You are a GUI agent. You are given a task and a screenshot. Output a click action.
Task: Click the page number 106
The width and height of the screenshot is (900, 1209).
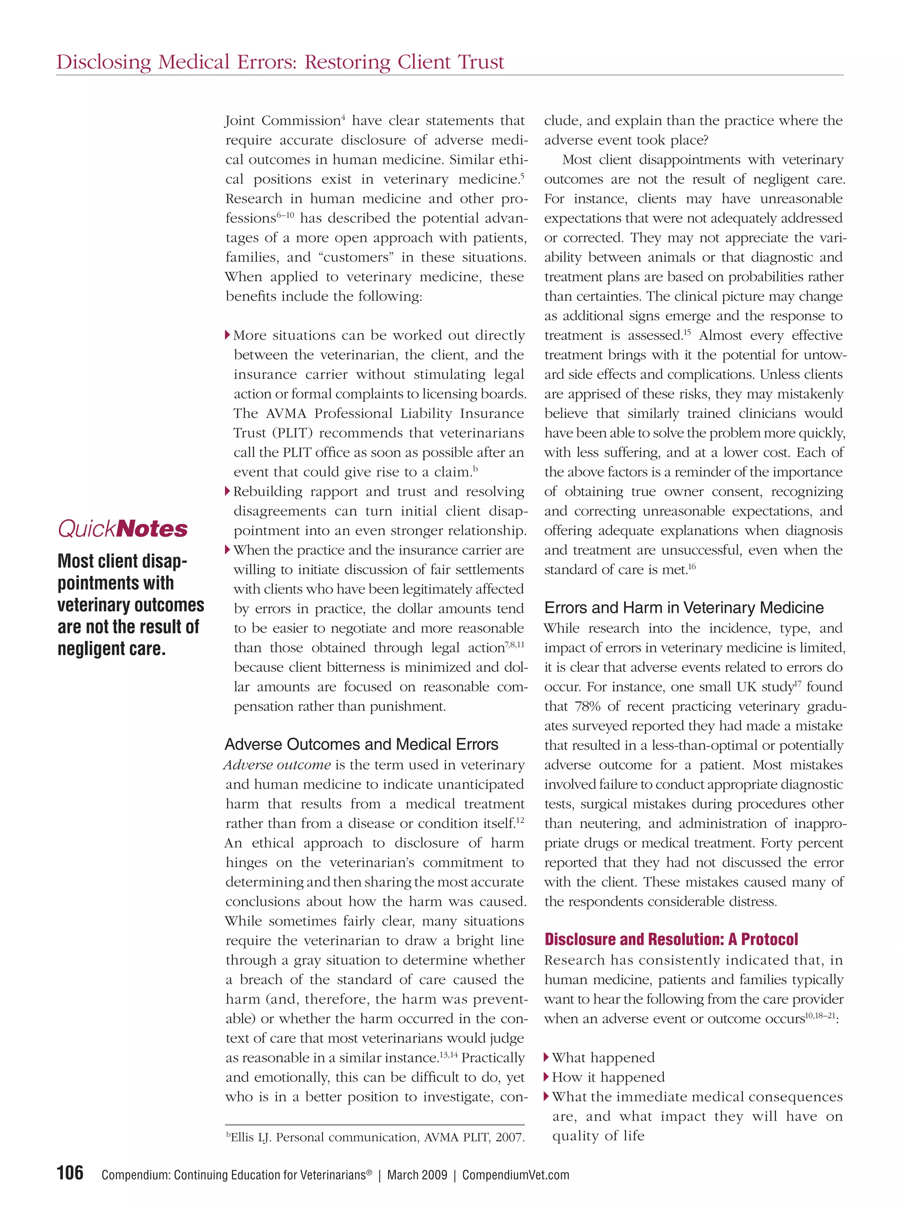point(70,1173)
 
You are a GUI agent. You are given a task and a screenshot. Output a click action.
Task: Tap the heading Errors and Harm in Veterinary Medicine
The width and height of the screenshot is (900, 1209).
point(684,607)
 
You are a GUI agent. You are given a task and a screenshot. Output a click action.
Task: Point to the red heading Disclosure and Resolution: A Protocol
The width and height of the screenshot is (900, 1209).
point(671,939)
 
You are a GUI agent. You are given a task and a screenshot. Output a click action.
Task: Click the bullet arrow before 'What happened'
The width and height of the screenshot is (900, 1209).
point(546,1057)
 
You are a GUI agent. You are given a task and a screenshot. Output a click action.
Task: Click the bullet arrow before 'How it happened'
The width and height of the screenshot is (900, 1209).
point(546,1077)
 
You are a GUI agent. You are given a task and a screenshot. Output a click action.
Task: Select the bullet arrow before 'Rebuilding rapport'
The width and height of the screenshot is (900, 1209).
point(228,491)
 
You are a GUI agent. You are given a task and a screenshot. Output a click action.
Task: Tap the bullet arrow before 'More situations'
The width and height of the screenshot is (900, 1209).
point(228,335)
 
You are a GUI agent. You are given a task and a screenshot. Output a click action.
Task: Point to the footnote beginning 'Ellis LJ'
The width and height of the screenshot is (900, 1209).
point(375,1137)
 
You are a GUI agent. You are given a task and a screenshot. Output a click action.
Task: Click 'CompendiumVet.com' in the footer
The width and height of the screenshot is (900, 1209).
point(515,1175)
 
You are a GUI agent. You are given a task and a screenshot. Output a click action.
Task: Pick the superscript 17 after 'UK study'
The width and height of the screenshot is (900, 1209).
point(798,683)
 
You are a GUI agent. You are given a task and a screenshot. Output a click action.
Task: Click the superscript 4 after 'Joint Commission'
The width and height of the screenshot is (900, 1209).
point(343,117)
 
